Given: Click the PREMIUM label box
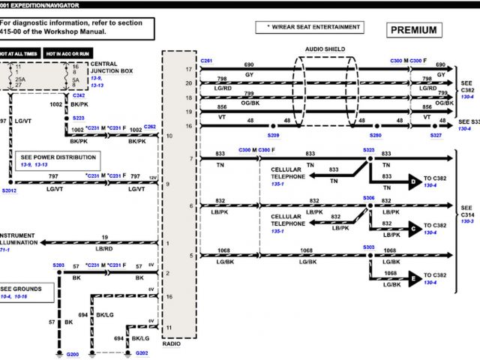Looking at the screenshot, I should click(x=415, y=31).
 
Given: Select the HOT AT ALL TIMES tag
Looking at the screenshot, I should click(x=19, y=54).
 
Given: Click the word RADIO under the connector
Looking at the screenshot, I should click(x=172, y=343).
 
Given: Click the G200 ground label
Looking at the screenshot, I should click(x=72, y=353).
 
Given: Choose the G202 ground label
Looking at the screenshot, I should click(x=142, y=353).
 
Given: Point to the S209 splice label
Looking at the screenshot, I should click(x=273, y=135).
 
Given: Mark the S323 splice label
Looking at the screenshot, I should click(x=368, y=150).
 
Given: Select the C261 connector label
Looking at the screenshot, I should click(x=206, y=59).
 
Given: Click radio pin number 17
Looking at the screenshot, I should click(x=190, y=69).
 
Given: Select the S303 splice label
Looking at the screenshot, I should click(x=368, y=246).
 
